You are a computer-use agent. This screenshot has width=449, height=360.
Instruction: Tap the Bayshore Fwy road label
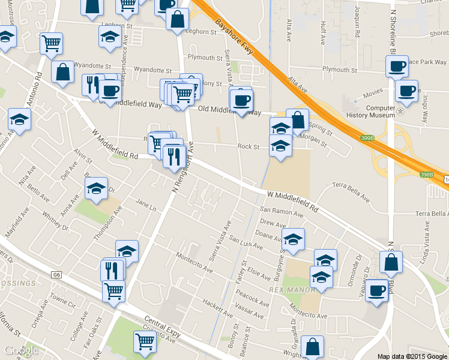[232, 40]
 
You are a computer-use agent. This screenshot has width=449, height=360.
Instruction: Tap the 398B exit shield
[426, 175]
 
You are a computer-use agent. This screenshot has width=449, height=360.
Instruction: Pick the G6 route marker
[56, 275]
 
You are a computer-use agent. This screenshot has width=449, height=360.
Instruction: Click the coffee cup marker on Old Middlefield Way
[241, 100]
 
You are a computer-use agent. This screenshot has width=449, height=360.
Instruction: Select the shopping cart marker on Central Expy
[145, 341]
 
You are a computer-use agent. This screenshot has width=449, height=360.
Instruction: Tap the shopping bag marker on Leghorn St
[178, 19]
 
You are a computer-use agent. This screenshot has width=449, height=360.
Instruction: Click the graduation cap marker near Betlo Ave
[97, 188]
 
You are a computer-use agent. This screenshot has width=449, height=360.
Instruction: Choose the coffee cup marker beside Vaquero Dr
[377, 290]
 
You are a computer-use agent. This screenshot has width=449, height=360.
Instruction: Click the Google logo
[21, 350]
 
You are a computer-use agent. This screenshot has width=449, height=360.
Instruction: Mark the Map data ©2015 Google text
[411, 356]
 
